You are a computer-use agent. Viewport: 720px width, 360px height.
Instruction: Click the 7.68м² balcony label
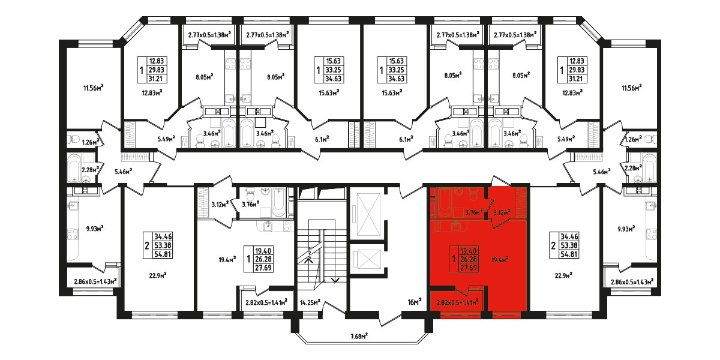(x=359, y=336)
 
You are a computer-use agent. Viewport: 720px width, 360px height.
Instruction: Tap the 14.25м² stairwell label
(x=310, y=302)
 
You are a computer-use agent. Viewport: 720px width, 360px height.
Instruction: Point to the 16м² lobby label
(x=415, y=302)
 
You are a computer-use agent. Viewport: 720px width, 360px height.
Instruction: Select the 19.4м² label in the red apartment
(x=500, y=259)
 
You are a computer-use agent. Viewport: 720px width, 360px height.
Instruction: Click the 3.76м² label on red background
(x=474, y=212)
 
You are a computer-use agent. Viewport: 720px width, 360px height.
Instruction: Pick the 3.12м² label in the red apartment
(x=502, y=212)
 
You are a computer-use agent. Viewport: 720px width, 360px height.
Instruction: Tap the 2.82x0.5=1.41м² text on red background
(x=458, y=302)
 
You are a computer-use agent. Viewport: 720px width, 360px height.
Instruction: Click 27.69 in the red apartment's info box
(x=469, y=268)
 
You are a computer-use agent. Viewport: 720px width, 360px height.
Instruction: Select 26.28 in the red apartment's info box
(x=469, y=259)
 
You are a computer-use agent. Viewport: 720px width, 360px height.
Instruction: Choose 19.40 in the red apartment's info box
(x=469, y=251)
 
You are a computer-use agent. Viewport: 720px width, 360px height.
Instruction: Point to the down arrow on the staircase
(x=335, y=280)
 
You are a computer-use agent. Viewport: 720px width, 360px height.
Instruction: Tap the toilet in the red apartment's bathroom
(x=473, y=195)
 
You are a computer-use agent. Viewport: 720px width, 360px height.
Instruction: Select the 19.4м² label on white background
(x=227, y=259)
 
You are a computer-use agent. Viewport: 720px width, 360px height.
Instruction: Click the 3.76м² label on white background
(x=251, y=204)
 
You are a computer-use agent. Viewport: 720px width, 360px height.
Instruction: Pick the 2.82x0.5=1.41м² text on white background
(x=266, y=302)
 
